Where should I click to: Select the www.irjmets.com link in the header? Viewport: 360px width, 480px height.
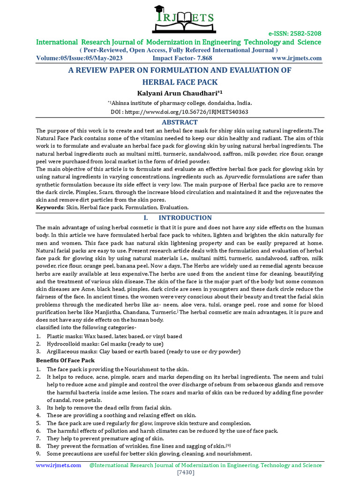pos(297,58)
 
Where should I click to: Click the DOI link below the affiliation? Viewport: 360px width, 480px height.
pos(180,112)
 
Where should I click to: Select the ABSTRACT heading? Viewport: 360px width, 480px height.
pos(180,122)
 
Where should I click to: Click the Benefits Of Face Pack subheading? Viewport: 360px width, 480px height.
pos(66,360)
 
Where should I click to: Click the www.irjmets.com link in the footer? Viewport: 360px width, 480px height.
pos(59,465)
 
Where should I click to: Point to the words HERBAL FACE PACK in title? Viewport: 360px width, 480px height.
pos(180,82)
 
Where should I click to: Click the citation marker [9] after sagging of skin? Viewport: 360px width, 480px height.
pos(228,445)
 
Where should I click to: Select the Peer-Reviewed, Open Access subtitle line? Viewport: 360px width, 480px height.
pos(180,50)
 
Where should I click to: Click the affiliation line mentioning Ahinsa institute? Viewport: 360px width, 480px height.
pos(180,103)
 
